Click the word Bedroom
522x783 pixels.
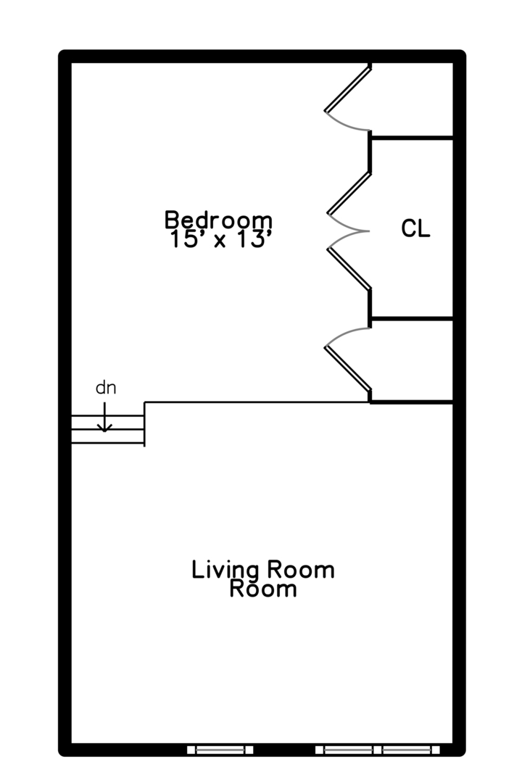(x=218, y=219)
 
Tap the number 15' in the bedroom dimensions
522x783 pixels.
(x=186, y=240)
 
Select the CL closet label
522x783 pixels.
(x=415, y=229)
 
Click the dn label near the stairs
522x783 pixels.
(x=106, y=388)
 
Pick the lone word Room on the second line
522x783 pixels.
(x=263, y=589)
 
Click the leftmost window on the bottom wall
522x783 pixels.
(x=220, y=750)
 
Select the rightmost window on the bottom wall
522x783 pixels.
(x=410, y=750)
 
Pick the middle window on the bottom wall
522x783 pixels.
(x=348, y=750)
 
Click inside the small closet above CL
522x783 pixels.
(x=412, y=100)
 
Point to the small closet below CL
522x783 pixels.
(x=412, y=360)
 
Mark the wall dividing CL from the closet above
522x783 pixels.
(x=412, y=137)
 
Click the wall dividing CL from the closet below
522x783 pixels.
(x=412, y=318)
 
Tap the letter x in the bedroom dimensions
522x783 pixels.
(x=219, y=242)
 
